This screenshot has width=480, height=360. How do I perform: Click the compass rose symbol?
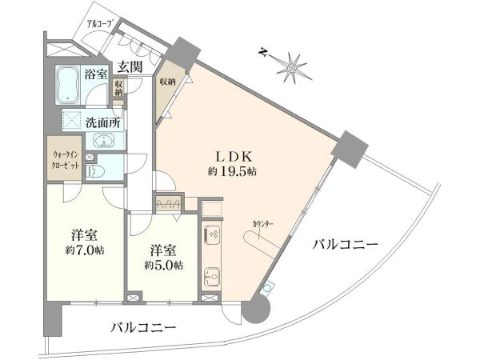pyautogui.click(x=291, y=66)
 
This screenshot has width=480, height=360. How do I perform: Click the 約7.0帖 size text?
pyautogui.click(x=84, y=250)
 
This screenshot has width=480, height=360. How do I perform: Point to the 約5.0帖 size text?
pyautogui.click(x=163, y=265)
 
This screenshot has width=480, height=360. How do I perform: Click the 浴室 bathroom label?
pyautogui.click(x=96, y=74)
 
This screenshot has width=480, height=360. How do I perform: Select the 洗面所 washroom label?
pyautogui.click(x=103, y=124)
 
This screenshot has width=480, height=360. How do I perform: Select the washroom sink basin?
pyautogui.click(x=103, y=142)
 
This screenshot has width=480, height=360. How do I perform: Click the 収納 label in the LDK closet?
pyautogui.click(x=168, y=82)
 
